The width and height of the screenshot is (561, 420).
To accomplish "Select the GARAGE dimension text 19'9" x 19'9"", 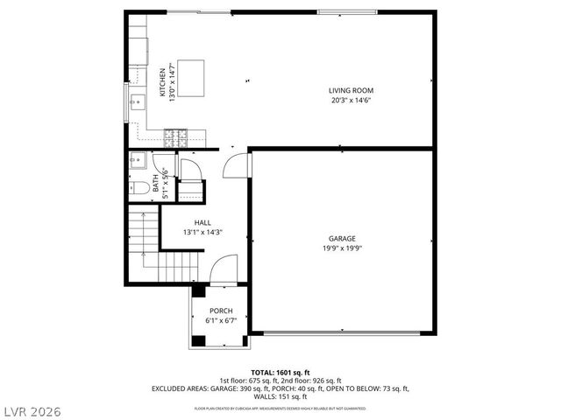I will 343,248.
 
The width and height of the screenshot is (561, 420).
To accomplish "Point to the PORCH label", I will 220,311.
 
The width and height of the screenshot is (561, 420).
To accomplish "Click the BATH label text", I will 156,183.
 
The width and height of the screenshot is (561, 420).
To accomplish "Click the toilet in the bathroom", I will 140,186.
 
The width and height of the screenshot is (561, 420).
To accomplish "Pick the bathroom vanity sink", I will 138,161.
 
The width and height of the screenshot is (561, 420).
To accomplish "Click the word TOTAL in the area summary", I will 263,372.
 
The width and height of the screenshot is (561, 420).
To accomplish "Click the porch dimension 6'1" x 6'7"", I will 220,320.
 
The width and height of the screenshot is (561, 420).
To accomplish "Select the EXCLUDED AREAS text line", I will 280,388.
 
